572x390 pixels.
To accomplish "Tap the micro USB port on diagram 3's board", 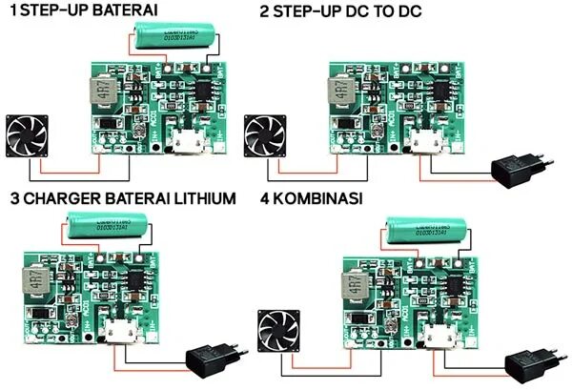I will point(118,336).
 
